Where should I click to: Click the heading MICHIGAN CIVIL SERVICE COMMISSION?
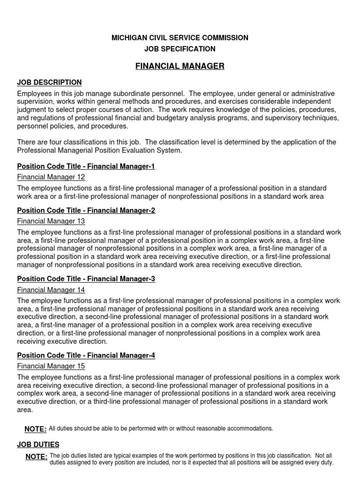pyautogui.click(x=180, y=37)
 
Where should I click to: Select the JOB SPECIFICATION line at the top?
pyautogui.click(x=180, y=49)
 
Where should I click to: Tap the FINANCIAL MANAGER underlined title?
pyautogui.click(x=180, y=66)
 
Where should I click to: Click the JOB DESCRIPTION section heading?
pyautogui.click(x=49, y=82)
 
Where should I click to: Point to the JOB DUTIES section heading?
pyautogui.click(x=38, y=444)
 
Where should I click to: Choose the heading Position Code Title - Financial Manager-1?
pyautogui.click(x=86, y=166)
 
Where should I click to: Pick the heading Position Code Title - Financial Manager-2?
pyautogui.click(x=86, y=210)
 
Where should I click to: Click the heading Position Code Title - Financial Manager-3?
pyautogui.click(x=86, y=279)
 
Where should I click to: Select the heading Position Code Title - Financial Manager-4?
pyautogui.click(x=86, y=355)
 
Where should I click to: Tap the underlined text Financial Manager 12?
pyautogui.click(x=51, y=177)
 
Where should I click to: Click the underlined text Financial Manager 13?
pyautogui.click(x=51, y=221)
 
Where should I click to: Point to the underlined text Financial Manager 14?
pyautogui.click(x=51, y=290)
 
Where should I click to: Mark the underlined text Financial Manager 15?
pyautogui.click(x=51, y=366)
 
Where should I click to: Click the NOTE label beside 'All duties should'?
pyautogui.click(x=35, y=429)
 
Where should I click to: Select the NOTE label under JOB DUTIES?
pyautogui.click(x=37, y=457)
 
